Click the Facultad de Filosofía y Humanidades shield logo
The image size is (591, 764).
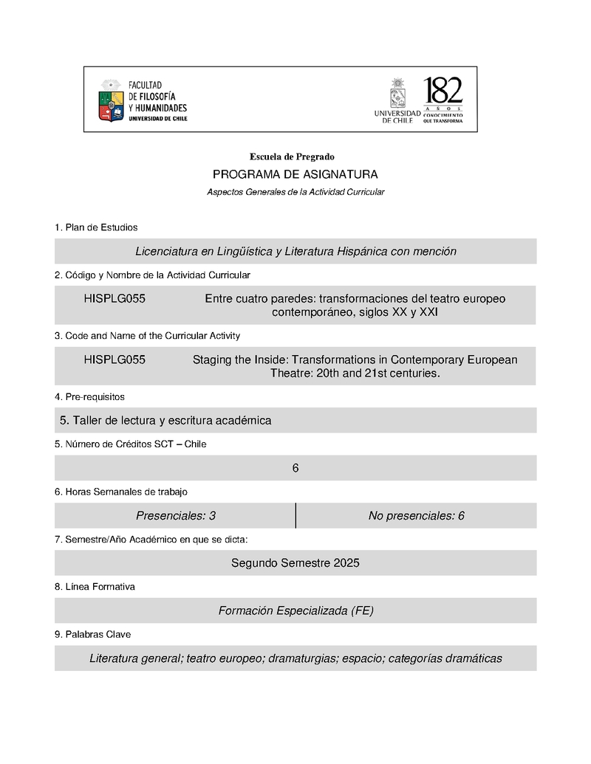click(x=112, y=100)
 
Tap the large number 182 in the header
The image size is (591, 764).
click(x=443, y=92)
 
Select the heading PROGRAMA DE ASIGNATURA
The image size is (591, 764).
click(x=295, y=174)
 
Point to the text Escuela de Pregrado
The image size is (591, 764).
click(x=292, y=156)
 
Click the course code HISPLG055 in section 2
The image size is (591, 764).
click(x=115, y=298)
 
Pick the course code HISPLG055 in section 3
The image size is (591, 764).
click(x=115, y=359)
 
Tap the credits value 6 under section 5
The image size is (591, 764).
click(x=295, y=468)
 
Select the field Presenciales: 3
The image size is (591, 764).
click(x=176, y=515)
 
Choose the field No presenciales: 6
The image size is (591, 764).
click(x=416, y=515)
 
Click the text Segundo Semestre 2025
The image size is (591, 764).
click(x=295, y=562)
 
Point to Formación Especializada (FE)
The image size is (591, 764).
click(x=295, y=610)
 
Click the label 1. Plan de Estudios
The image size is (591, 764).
click(x=96, y=227)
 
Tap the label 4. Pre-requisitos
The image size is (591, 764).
click(x=89, y=397)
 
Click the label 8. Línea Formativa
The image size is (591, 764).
click(x=95, y=587)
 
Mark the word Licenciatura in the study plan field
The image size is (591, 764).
click(x=166, y=251)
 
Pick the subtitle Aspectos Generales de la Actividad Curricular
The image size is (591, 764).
click(x=295, y=192)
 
